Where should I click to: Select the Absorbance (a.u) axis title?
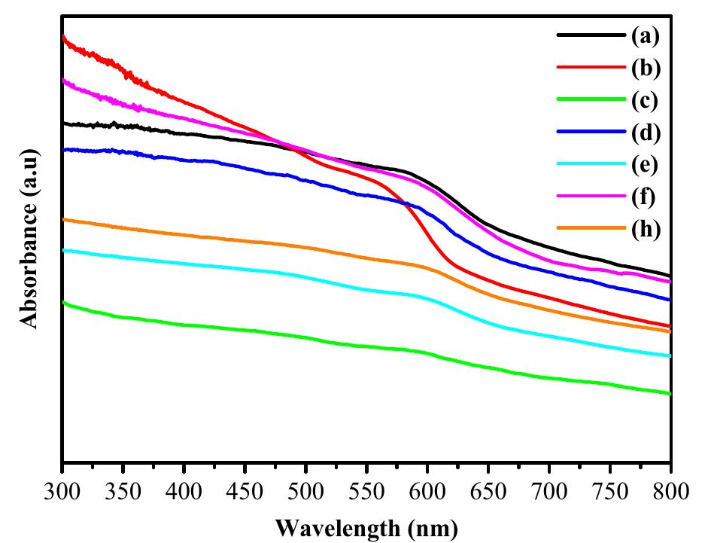coord(29,239)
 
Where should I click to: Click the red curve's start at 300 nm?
coord(62,35)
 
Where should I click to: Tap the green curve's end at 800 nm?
coord(670,393)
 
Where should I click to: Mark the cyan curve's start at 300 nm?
coord(62,249)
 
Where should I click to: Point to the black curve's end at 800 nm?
coord(670,276)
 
